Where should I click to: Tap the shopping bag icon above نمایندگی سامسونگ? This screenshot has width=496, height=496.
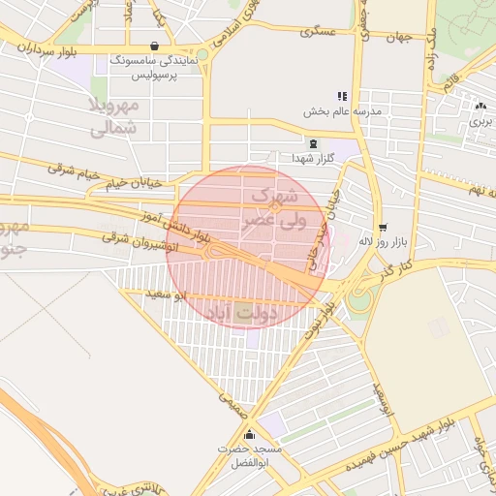155,46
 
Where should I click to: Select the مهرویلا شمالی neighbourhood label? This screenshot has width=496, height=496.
115,115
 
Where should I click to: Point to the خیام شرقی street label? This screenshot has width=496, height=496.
75,171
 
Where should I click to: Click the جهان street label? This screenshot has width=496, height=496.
398,37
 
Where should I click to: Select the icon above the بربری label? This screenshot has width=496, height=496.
481,106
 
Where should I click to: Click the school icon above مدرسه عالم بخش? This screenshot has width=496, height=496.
341,96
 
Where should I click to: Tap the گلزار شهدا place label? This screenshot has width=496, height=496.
312,157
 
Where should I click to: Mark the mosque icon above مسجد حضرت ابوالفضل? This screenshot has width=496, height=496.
250,435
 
